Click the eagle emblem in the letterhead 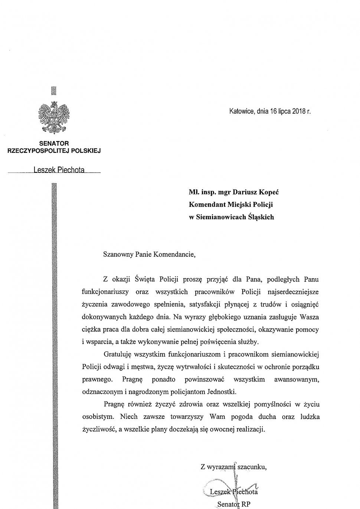[x=55, y=117]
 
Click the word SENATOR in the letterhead [x=54, y=143]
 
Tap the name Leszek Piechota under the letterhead [x=59, y=170]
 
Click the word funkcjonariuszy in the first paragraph [x=106, y=292]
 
